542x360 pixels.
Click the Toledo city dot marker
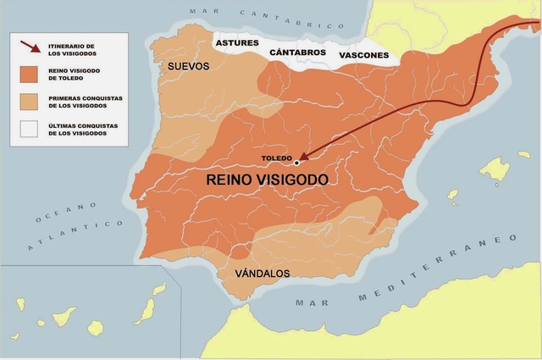coord(296,163)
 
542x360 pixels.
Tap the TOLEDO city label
coord(278,158)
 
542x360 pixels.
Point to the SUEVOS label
coord(188,66)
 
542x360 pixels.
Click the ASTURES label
coord(236,42)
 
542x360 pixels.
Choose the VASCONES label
coord(363,57)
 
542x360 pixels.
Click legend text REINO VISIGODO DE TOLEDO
coord(83,75)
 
